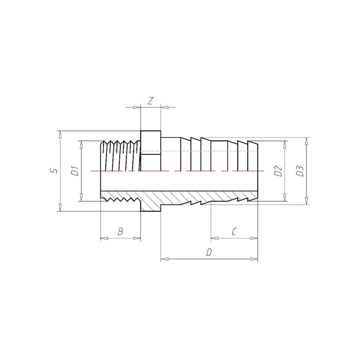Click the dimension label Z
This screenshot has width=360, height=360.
(x=150, y=101)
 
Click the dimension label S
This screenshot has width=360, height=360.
(x=54, y=171)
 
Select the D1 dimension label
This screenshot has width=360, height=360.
(x=75, y=171)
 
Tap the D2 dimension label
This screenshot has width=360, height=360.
(x=278, y=171)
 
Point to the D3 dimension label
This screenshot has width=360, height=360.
(x=300, y=171)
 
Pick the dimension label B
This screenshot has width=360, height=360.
(x=120, y=232)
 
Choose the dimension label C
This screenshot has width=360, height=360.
(x=234, y=232)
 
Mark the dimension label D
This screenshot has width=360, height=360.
(x=209, y=252)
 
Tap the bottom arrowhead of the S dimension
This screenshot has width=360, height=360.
(x=60, y=207)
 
